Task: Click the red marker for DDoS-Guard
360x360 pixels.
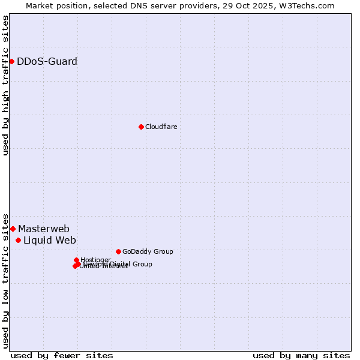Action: pos(11,61)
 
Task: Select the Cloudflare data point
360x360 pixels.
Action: pos(141,127)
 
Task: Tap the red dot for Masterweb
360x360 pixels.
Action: pos(13,229)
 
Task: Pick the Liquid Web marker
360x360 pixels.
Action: pos(18,240)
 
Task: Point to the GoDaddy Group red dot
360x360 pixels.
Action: pos(118,251)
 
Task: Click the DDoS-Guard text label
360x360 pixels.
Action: pos(47,61)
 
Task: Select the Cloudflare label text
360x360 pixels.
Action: pos(161,127)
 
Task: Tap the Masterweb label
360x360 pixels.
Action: pos(43,229)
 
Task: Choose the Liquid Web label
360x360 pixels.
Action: pos(49,240)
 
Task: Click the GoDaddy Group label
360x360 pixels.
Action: pos(147,251)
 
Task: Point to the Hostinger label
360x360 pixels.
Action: pos(95,260)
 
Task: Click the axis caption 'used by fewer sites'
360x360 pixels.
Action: pos(62,355)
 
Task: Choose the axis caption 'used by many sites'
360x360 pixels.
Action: pos(301,355)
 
